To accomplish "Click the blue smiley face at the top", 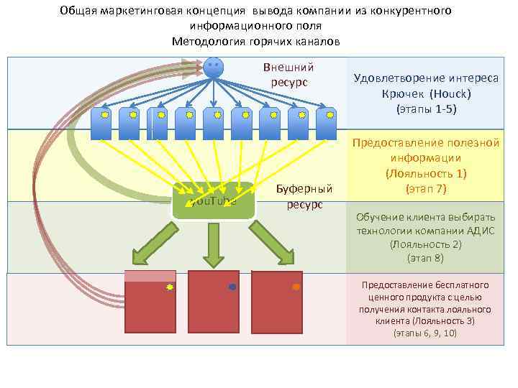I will point(212,68).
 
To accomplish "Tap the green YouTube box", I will point(214,200).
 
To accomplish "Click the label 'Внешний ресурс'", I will point(288,75).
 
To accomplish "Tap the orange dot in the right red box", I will point(296,287).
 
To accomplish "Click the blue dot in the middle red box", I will point(232,287).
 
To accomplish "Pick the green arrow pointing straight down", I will point(213,244).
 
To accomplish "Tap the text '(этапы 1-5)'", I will point(427,109).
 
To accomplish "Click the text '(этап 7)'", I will point(427,189).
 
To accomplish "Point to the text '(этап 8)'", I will point(425,257).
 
